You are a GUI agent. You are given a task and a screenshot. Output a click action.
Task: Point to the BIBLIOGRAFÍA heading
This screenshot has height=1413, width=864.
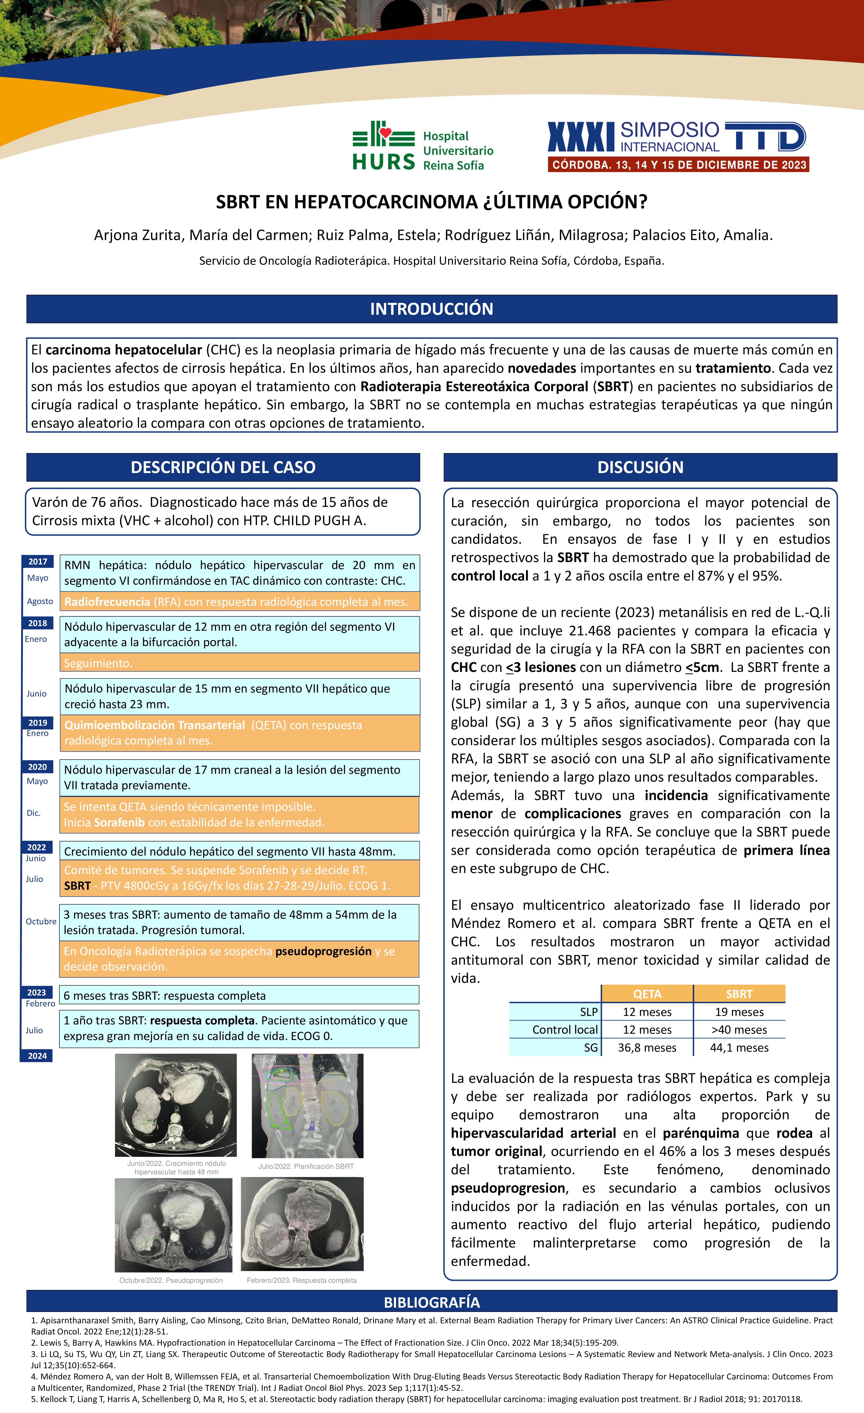tap(432, 1302)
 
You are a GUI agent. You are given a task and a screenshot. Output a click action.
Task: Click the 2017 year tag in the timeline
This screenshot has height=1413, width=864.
tap(38, 561)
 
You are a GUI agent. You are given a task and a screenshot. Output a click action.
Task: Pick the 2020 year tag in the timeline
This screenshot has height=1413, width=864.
tap(37, 767)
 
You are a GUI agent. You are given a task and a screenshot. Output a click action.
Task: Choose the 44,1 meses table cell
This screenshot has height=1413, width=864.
tap(739, 1048)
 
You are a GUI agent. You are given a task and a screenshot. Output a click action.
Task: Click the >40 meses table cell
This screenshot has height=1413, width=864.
tap(739, 1030)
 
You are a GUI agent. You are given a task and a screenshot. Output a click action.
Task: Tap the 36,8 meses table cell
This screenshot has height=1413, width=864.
tap(647, 1048)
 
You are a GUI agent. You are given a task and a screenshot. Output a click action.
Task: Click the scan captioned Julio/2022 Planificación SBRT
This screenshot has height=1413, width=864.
tap(307, 1105)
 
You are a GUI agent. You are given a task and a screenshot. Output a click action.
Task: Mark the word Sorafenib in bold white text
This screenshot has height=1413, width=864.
tap(119, 822)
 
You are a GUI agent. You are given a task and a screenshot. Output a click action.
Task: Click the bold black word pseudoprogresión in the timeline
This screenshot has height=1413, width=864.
tap(323, 951)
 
